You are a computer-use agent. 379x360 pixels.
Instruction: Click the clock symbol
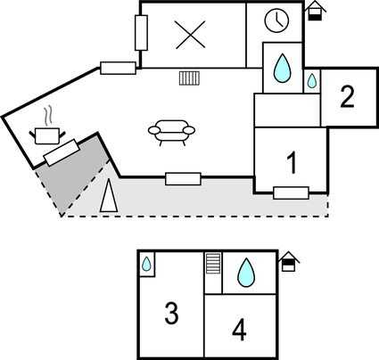click(276, 20)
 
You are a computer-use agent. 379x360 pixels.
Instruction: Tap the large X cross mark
click(190, 35)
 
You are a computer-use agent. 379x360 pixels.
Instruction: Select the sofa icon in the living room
click(171, 133)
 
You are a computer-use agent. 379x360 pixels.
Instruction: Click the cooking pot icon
click(47, 135)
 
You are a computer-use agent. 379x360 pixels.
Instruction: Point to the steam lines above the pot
click(48, 115)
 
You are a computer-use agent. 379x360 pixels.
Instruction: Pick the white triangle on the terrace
click(109, 195)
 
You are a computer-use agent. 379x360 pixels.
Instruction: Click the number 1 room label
click(292, 162)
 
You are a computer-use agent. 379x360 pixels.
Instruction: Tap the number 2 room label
click(347, 96)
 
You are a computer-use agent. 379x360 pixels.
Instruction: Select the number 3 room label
click(171, 313)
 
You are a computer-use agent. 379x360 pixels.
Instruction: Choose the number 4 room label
click(239, 330)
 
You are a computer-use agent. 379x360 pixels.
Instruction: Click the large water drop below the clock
click(282, 68)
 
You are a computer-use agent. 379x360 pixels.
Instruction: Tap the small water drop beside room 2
click(312, 81)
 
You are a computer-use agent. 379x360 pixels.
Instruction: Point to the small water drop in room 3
click(146, 264)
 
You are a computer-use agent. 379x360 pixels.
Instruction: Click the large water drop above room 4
click(246, 273)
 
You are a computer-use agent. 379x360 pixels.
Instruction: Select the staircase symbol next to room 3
click(213, 263)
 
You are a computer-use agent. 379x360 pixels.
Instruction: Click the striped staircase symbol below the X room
click(189, 78)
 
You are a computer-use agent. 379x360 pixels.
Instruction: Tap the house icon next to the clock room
click(315, 11)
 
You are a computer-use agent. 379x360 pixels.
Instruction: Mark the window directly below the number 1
click(291, 193)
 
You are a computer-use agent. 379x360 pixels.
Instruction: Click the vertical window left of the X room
click(141, 33)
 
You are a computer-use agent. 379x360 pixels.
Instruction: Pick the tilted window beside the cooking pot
click(62, 152)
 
